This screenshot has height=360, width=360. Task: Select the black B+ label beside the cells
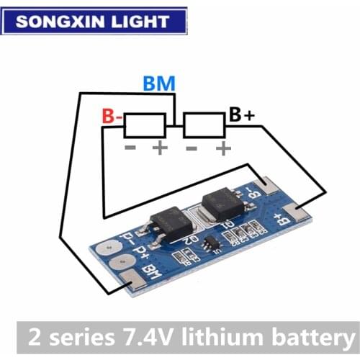coord(241,114)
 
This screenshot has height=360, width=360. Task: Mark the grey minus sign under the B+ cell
coord(192,148)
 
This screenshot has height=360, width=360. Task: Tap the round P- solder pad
coord(108,247)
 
